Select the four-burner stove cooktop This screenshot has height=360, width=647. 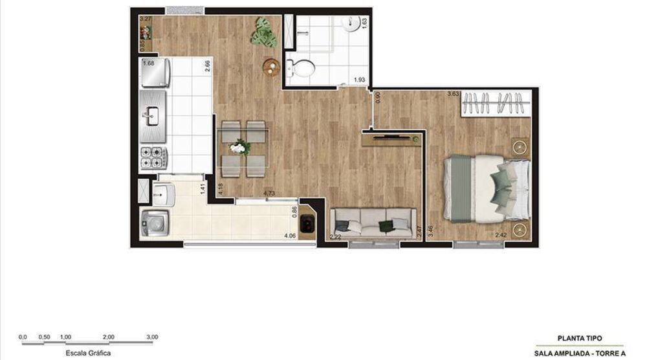point(155,157)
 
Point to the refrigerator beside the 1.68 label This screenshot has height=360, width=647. point(155,74)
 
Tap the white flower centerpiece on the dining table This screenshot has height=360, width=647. point(239,148)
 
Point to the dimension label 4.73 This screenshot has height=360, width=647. point(269,193)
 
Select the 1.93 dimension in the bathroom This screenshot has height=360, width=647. point(359,80)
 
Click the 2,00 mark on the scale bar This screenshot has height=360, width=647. point(108,337)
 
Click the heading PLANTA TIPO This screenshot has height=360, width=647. point(580,338)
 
